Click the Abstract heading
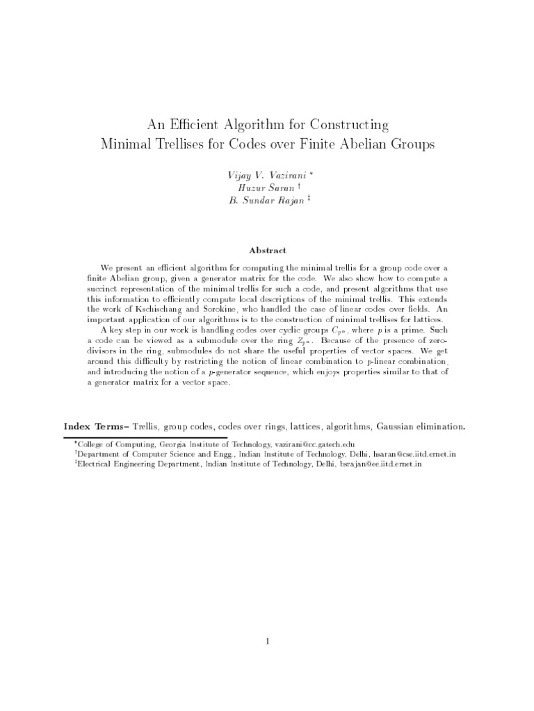pyautogui.click(x=267, y=250)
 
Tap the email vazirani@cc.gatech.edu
pyautogui.click(x=314, y=442)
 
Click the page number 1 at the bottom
pyautogui.click(x=267, y=642)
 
